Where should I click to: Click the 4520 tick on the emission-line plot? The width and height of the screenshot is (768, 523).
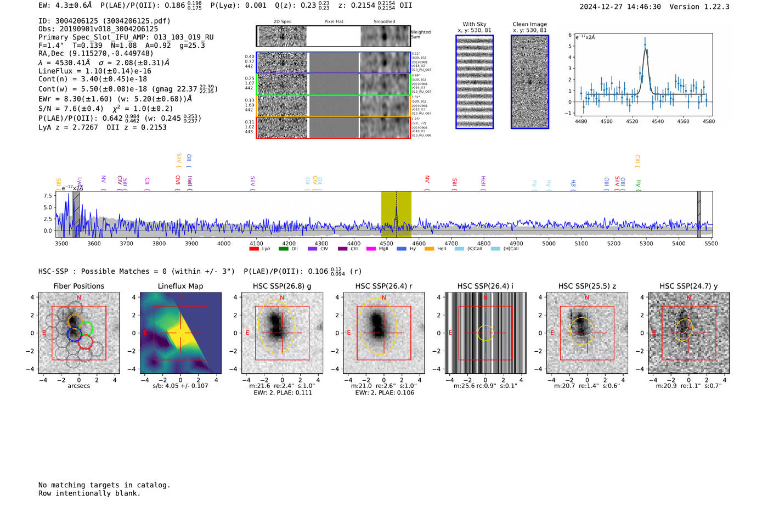point(632,121)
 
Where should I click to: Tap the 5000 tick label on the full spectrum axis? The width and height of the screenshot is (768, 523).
point(549,244)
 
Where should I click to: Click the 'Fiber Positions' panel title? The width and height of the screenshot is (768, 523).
point(78,286)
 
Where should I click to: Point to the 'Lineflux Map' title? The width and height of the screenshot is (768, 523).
point(180,286)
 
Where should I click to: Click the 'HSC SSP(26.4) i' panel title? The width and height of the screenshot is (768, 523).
point(485,286)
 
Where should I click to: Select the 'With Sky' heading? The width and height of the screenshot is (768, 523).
point(475,24)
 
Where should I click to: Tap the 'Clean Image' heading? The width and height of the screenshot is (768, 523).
point(529,24)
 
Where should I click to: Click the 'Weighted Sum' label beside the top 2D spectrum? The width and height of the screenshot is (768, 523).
point(421,35)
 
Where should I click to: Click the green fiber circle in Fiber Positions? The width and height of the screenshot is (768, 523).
point(86,328)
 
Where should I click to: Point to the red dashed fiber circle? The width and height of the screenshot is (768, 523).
point(85,343)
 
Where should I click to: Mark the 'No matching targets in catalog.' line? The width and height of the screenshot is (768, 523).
point(104,485)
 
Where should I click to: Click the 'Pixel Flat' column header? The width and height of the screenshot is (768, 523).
point(334,22)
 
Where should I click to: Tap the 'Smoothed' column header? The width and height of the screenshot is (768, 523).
point(384,22)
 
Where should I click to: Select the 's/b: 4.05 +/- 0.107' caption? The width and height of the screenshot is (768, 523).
point(180,386)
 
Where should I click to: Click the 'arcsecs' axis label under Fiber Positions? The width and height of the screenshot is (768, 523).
point(78,386)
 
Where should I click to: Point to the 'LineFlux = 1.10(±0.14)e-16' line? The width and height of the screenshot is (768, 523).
point(95,71)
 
